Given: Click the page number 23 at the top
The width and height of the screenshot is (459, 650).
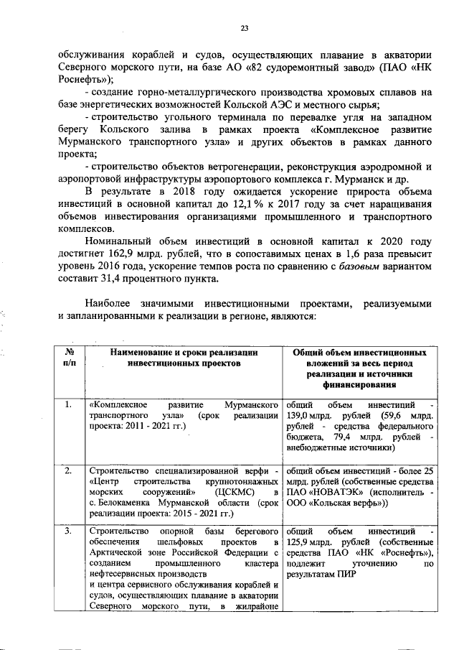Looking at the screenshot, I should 244,28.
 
